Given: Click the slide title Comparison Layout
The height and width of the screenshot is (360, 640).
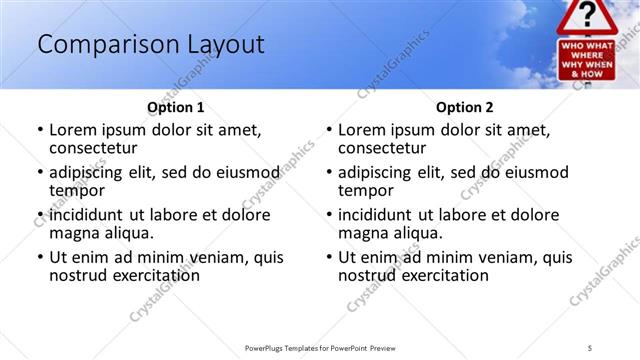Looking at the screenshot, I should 150,44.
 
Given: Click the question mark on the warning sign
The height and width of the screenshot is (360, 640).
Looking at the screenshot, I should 588,14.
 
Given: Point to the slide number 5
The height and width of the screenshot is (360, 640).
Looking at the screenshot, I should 590,347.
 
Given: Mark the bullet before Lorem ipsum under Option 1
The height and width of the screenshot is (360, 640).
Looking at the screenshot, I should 40,130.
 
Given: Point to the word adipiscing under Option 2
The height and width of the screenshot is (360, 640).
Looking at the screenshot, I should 379,172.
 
